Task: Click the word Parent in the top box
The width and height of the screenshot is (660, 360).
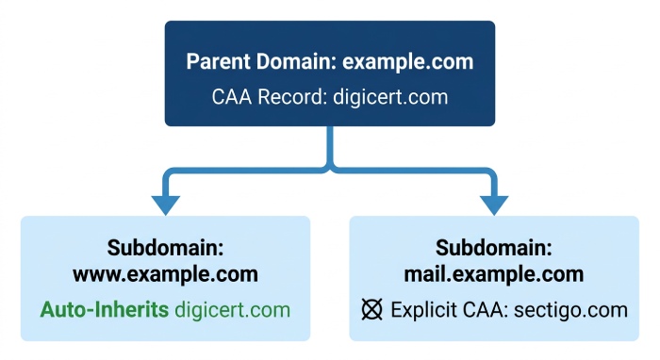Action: tap(218, 61)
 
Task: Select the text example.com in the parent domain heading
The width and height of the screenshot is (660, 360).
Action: tap(408, 62)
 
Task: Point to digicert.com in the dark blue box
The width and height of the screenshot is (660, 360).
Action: tap(390, 97)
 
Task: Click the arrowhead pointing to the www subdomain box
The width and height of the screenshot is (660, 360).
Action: tap(166, 205)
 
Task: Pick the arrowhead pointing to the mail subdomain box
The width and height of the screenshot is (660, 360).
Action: tap(494, 205)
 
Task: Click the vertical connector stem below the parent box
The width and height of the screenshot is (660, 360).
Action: tap(330, 146)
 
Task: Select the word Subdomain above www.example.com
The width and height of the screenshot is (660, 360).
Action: tap(165, 247)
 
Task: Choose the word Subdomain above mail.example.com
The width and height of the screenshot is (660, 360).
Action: tap(494, 247)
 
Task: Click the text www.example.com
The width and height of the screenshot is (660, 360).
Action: tap(165, 274)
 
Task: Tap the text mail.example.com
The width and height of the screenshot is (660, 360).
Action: tap(494, 274)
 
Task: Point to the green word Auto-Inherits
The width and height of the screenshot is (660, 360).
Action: tap(105, 310)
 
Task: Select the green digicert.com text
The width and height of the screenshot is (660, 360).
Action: tap(232, 310)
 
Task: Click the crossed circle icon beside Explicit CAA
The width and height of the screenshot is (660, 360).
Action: tap(372, 309)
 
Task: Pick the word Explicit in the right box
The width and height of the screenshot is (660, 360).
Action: tap(424, 310)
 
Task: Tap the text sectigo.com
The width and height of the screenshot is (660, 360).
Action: tap(570, 310)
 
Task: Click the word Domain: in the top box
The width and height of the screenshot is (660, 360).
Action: tap(296, 61)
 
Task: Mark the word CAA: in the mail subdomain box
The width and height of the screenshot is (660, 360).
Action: tap(486, 310)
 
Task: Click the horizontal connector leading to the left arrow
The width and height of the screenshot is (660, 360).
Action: tap(246, 171)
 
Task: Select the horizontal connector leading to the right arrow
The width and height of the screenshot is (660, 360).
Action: tap(414, 171)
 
